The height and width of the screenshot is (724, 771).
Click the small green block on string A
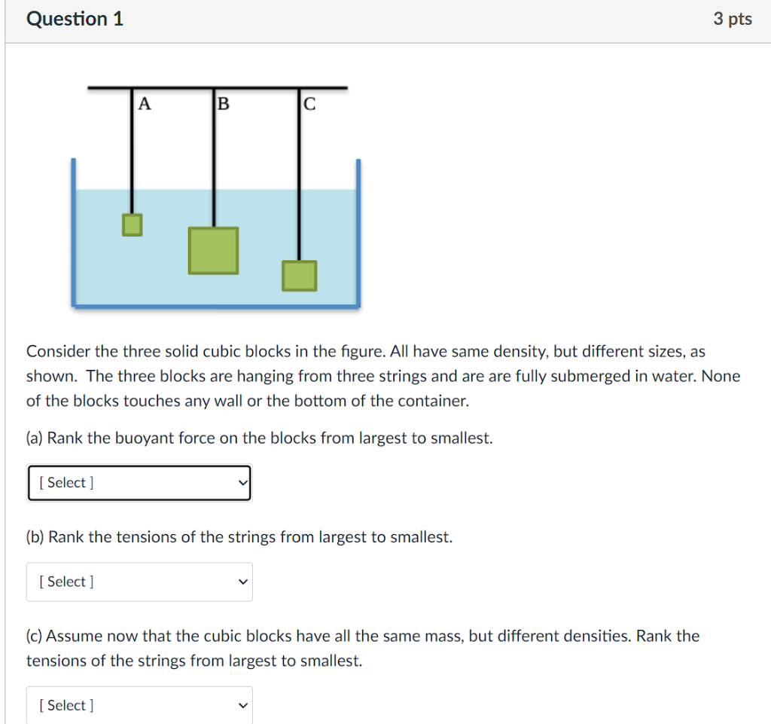coord(133,225)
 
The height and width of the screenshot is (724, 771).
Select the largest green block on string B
coord(214,251)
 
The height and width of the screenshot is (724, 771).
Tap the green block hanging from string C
coord(300,276)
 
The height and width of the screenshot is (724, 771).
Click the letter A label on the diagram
coord(145,105)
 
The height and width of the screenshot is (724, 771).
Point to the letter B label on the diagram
coord(222,105)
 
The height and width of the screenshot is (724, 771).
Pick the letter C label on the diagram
coord(308,105)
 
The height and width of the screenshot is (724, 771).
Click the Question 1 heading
coord(75,20)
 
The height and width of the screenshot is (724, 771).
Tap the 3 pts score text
coord(733,20)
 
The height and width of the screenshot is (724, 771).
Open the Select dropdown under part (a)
coord(139,483)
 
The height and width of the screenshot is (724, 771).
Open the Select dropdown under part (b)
coord(139,582)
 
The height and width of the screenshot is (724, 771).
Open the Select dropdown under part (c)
coord(139,705)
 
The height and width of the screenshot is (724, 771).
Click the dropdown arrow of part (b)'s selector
coord(242,582)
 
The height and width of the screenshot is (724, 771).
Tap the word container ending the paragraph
coord(433,401)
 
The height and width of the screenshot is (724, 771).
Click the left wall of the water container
coord(74,234)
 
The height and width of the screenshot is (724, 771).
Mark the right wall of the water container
coord(358,234)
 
